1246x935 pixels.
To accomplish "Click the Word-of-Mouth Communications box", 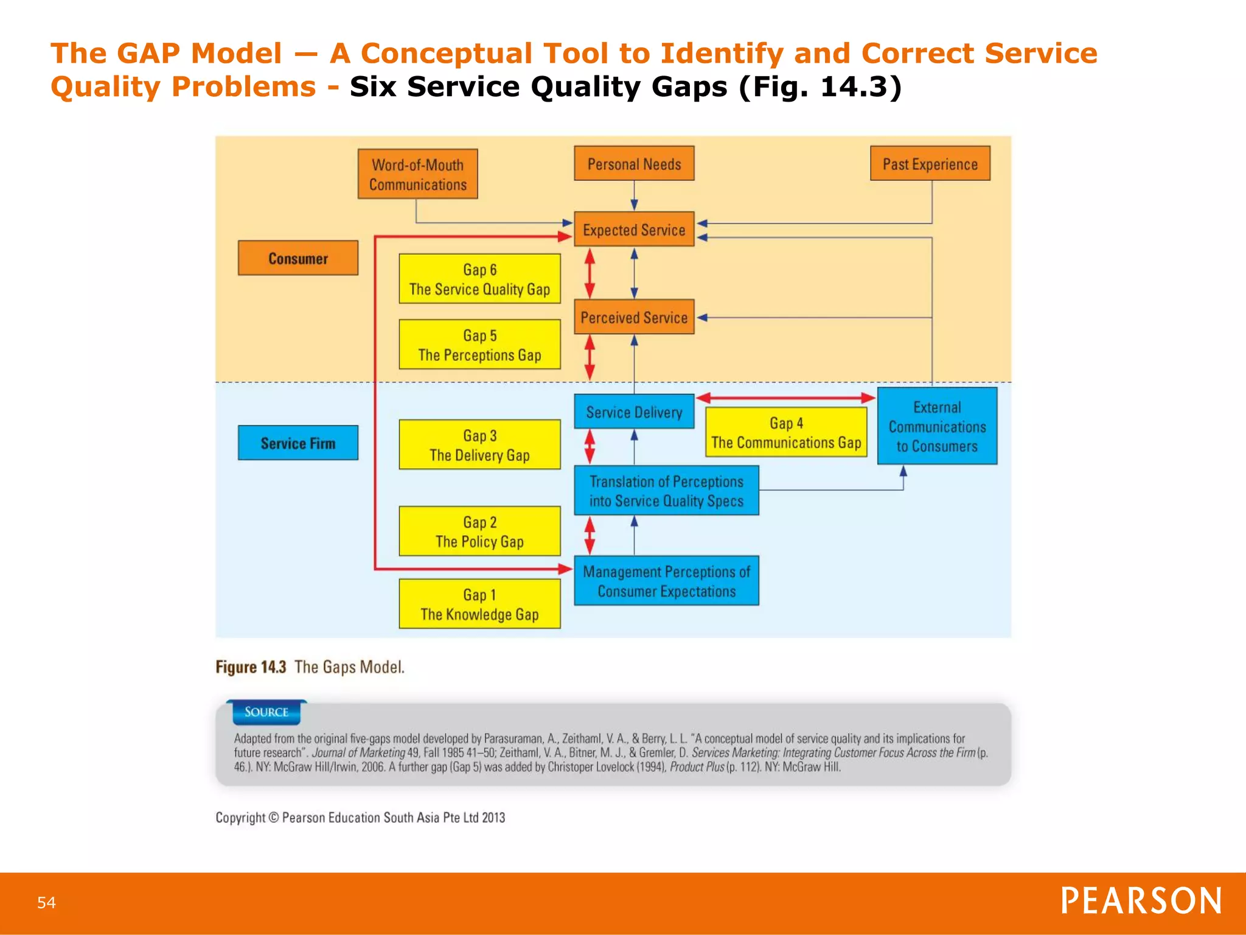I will [x=417, y=174].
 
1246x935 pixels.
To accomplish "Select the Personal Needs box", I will [x=634, y=164].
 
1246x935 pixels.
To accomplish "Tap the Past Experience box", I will [x=930, y=164].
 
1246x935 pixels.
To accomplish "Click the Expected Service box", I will [x=634, y=229].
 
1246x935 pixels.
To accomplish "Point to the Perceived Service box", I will [x=634, y=317].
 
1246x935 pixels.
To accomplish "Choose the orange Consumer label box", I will [x=298, y=258].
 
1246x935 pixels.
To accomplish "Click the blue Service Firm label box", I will [x=298, y=443].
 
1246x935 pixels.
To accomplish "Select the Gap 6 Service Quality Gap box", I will [x=479, y=279].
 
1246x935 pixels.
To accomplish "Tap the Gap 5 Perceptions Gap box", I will [x=479, y=345].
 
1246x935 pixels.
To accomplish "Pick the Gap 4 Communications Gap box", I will [x=786, y=433].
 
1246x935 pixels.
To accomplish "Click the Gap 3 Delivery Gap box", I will [x=479, y=445].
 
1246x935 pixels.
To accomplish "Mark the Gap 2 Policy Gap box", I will [x=479, y=531].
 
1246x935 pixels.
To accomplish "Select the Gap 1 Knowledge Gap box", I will [x=479, y=604].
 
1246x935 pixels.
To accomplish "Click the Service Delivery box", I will [x=634, y=412].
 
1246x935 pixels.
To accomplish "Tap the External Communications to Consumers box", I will [x=937, y=426].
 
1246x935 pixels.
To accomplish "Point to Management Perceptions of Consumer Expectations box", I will [x=666, y=581].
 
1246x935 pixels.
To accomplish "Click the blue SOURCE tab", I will [x=266, y=712].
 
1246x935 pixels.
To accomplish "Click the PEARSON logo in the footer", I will [x=1141, y=901].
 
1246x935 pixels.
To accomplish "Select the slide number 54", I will [x=46, y=902].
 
